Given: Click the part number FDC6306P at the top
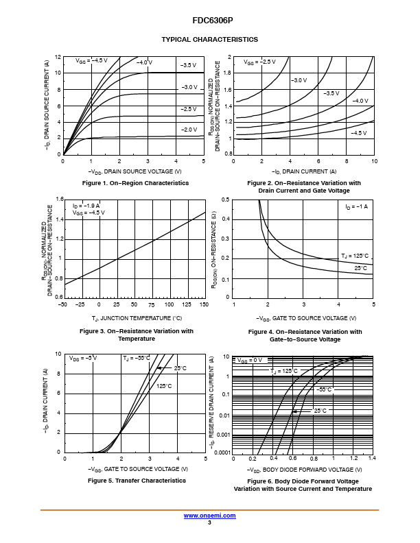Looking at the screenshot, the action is (213, 21).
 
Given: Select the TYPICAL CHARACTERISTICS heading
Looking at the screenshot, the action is (209, 40).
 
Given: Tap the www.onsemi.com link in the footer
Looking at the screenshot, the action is (209, 516).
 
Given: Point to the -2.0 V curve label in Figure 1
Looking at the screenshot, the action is (189, 130).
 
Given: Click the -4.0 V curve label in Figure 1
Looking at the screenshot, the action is (144, 62).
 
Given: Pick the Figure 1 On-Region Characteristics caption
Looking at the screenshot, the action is (135, 183).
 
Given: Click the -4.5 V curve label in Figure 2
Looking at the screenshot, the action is (359, 133).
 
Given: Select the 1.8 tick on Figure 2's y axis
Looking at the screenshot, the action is (227, 73).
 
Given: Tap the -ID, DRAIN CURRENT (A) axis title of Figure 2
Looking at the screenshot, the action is (304, 171).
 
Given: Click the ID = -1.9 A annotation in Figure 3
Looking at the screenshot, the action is (86, 206).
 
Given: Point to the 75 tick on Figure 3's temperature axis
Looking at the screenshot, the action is (152, 304).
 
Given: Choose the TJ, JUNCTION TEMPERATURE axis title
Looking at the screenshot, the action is (137, 318).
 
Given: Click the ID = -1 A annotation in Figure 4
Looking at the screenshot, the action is (357, 207).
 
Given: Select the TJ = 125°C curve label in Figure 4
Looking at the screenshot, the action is (355, 256).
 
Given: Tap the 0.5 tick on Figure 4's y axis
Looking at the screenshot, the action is (226, 200).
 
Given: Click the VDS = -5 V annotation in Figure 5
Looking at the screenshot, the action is (83, 358).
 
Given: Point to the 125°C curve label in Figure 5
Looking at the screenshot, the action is (164, 386).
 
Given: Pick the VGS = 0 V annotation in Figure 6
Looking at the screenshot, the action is (250, 360).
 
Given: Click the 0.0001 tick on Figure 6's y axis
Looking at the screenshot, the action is (222, 452).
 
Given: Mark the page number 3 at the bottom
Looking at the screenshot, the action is (209, 522).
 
